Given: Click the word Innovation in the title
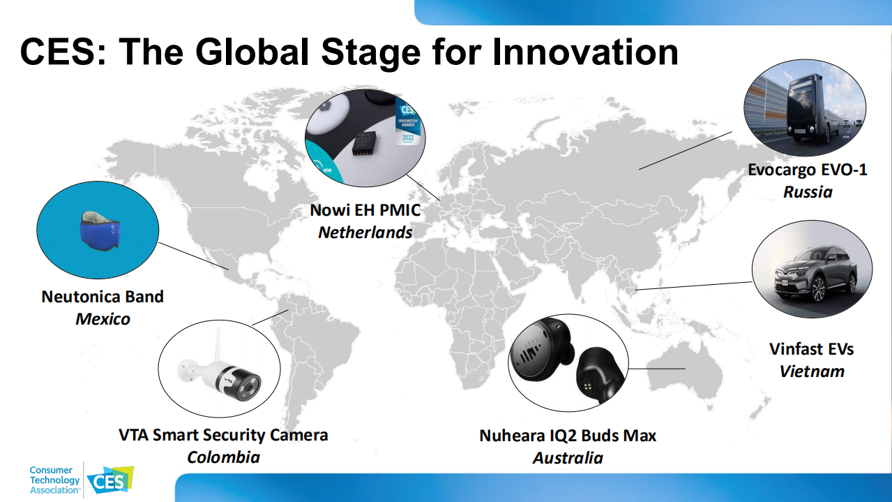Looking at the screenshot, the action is pos(585,52).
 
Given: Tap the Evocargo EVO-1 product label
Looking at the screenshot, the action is pos(807,170).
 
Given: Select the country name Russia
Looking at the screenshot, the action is pos(808,192).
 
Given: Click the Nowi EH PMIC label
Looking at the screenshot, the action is pos(365,210).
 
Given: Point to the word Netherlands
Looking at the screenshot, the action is pos(365,232).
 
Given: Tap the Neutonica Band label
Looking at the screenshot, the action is pos(103,297).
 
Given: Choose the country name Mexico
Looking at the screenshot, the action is pos(103,319).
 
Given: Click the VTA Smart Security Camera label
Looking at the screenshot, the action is pos(223,435).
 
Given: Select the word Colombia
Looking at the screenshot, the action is pos(223,457).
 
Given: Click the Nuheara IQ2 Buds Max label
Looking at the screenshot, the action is pos(568,436).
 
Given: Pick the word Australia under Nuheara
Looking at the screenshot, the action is pos(568,458).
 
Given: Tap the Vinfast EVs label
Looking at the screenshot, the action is pos(811,349).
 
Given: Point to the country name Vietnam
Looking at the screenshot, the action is pos(812,371).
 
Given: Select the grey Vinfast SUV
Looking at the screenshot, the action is pos(815,274).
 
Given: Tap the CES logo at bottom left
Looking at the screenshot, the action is pos(110,480).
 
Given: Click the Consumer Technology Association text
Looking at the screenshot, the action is pos(54,480).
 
